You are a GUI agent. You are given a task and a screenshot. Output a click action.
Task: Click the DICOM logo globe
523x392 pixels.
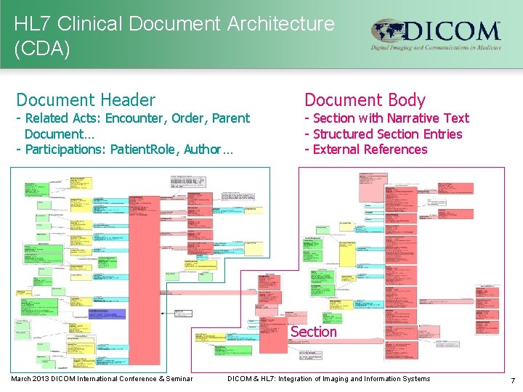point(386,32)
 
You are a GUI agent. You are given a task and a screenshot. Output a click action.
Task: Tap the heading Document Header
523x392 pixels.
point(86,100)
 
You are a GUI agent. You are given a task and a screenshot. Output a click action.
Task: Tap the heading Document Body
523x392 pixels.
point(365,100)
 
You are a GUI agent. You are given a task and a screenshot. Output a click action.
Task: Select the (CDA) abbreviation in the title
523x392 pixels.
point(42,49)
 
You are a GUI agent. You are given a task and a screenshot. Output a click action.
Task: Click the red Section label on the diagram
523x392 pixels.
point(314,332)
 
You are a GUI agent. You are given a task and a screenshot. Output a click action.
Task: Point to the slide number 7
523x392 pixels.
point(513,380)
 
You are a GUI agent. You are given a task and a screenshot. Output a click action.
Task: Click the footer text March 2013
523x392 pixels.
point(30,378)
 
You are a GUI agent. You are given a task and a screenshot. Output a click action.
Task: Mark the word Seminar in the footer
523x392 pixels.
point(179,378)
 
